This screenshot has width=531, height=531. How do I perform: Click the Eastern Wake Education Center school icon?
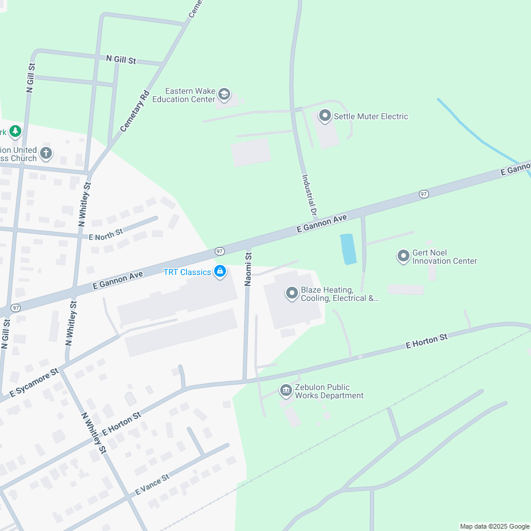click(x=224, y=94)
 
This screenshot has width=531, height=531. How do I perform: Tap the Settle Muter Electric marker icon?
click(x=324, y=116)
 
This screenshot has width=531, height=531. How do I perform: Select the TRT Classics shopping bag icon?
click(x=220, y=271)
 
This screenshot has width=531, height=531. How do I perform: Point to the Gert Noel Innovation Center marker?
click(x=404, y=256)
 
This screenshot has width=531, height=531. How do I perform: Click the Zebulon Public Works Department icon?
click(x=286, y=391)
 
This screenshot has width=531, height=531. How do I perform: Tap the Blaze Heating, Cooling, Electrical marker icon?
click(x=291, y=293)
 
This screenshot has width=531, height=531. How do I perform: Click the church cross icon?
click(x=46, y=154)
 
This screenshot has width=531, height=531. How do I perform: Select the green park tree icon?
click(x=15, y=132)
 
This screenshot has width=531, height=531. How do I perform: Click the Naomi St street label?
click(x=248, y=269)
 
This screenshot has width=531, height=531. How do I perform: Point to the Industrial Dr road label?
click(x=310, y=195)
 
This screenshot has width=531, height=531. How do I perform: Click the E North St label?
click(x=106, y=234)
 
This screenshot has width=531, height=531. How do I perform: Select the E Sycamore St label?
click(x=35, y=383)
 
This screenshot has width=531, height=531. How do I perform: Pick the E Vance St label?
click(x=152, y=484)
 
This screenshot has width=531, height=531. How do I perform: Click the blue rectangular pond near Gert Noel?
click(x=348, y=249)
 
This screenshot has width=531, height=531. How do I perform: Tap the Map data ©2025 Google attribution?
click(x=494, y=526)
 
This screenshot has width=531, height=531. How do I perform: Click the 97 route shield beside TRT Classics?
click(x=219, y=251)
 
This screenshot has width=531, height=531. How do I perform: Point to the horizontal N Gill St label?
click(x=121, y=60)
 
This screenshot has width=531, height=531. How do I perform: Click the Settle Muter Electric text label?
click(x=371, y=116)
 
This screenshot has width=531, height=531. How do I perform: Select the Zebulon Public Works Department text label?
click(x=329, y=391)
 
